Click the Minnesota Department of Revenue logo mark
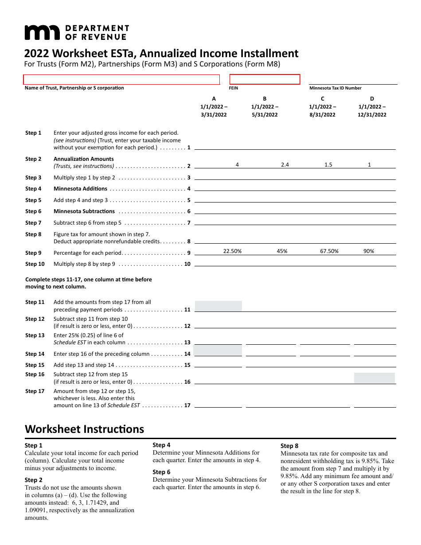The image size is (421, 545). (42, 32)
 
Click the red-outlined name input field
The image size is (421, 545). (121, 80)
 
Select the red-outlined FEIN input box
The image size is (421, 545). (265, 79)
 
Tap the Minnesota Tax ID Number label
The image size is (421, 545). (335, 88)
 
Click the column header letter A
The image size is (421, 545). (214, 99)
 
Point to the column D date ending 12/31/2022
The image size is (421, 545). (372, 115)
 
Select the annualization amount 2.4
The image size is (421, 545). (285, 165)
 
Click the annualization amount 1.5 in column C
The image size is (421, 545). (328, 165)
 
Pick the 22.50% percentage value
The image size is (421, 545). (232, 251)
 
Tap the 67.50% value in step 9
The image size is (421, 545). (329, 251)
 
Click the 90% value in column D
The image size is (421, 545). (369, 251)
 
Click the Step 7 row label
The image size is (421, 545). (33, 223)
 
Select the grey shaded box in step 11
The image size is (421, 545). (218, 306)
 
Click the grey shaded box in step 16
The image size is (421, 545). (374, 378)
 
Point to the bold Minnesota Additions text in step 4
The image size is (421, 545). (80, 189)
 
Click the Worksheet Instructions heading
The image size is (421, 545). (84, 429)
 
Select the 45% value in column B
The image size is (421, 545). (282, 251)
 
